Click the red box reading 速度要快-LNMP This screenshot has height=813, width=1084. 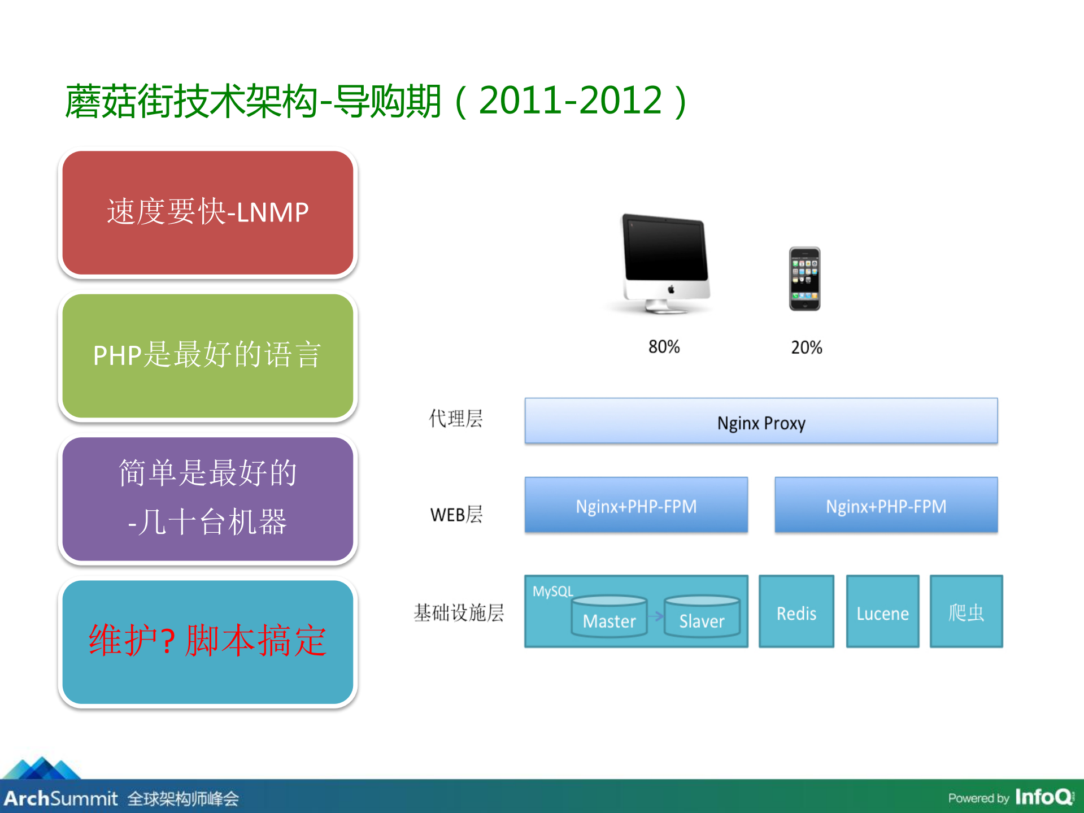tap(207, 212)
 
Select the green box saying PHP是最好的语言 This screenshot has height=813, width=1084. tap(207, 355)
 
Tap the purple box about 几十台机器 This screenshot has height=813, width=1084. tap(207, 498)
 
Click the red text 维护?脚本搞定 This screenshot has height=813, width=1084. tap(207, 641)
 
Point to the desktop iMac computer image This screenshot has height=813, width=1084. tap(665, 263)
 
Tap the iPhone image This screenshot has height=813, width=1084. tap(804, 279)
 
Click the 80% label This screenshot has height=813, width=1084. tap(664, 346)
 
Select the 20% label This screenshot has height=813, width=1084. tap(806, 347)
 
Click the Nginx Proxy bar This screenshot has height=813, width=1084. tap(760, 421)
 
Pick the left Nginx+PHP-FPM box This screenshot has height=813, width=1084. tap(636, 505)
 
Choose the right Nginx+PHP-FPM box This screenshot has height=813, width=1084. tap(886, 505)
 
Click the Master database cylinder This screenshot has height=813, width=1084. tap(609, 617)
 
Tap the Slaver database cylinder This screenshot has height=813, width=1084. tap(702, 617)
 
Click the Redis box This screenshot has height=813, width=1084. tap(796, 612)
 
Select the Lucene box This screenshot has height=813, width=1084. tap(882, 612)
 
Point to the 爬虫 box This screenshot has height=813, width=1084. tap(966, 612)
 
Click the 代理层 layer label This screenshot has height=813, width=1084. tap(455, 419)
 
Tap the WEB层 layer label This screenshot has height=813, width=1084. tap(456, 514)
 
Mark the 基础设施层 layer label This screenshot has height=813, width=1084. tap(459, 612)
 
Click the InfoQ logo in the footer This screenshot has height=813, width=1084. tap(1044, 797)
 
